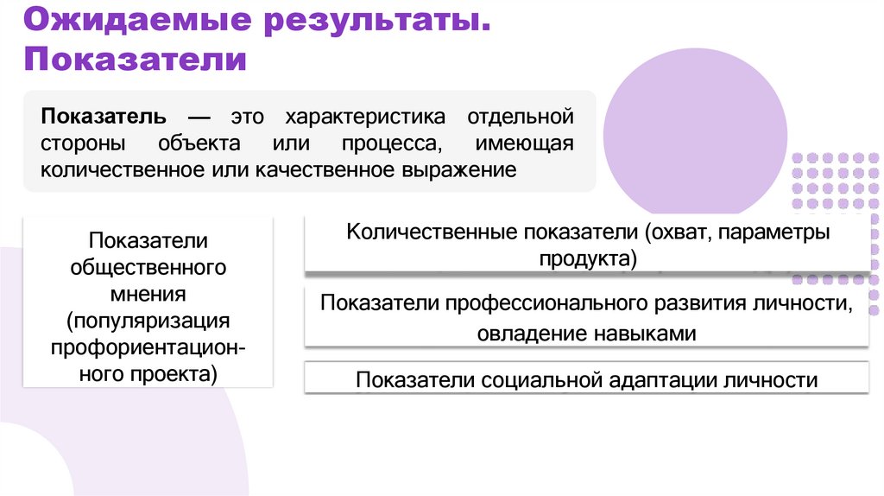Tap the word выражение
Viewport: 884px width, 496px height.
pos(458,169)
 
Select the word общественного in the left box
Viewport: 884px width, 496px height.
pos(148,266)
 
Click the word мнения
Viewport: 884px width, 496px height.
pos(148,293)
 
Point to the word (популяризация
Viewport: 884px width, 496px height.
pos(148,321)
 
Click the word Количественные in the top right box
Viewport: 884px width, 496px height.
pos(420,232)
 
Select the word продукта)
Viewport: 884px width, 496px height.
pos(587,258)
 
